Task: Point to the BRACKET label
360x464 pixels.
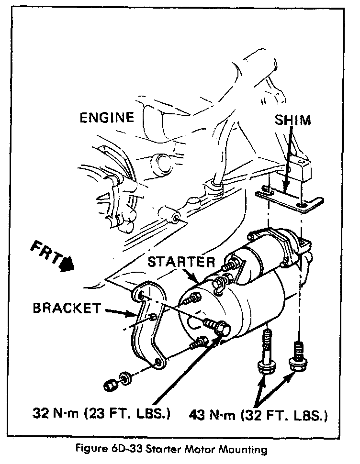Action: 67,308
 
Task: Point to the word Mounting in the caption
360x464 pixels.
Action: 241,449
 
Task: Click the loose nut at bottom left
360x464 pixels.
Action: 110,383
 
